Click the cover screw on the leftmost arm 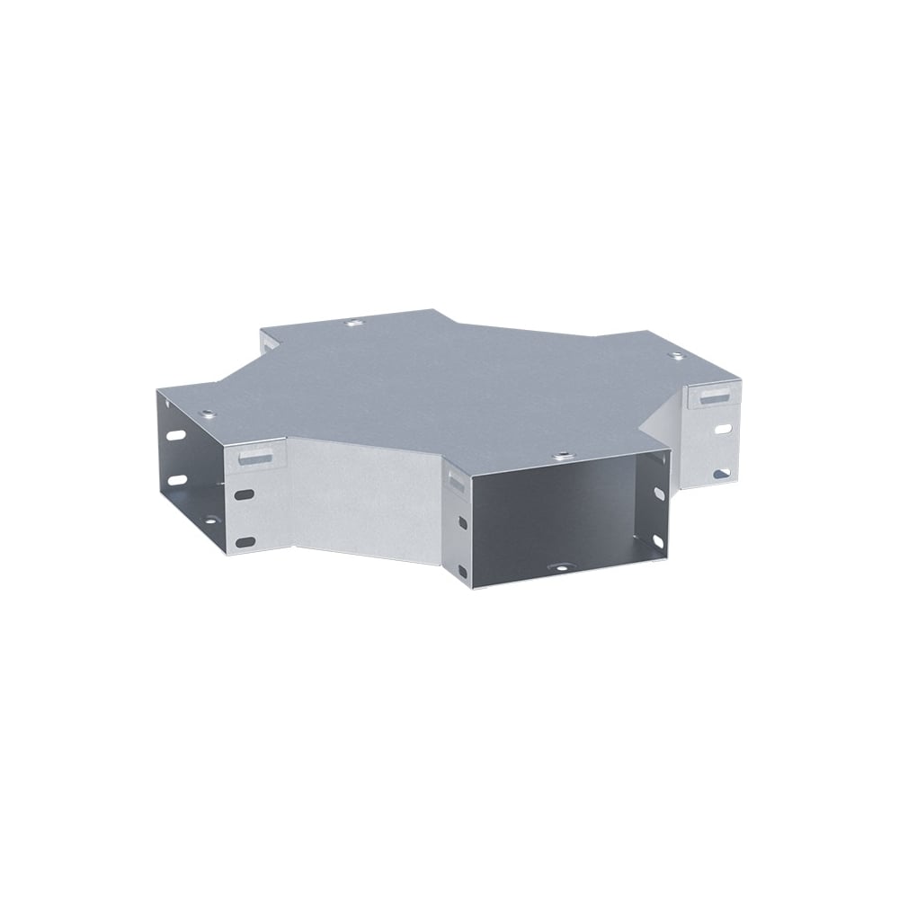(208, 414)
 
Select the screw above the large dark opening (563, 456)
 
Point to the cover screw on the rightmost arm (677, 357)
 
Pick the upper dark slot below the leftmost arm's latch (243, 494)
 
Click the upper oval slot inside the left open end (177, 436)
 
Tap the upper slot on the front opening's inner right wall (659, 494)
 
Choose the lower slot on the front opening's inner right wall (657, 539)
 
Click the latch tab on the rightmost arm (717, 397)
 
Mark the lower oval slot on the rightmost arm (721, 472)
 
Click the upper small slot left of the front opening (461, 523)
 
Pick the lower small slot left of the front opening (462, 570)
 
